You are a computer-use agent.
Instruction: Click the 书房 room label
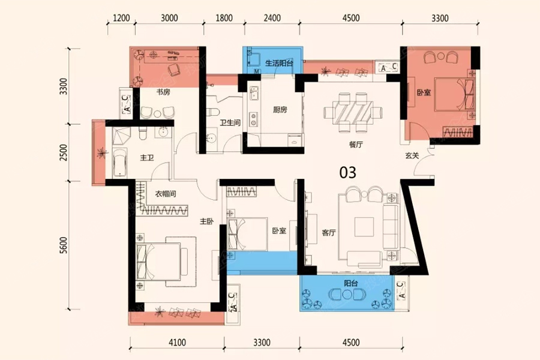[163, 92]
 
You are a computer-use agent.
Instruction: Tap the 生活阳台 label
[279, 63]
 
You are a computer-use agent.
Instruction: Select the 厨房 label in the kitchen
[280, 110]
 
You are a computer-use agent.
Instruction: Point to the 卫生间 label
[230, 122]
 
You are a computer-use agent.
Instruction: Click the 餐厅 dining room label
[356, 145]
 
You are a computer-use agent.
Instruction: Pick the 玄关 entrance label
[412, 155]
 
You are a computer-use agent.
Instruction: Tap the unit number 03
[348, 173]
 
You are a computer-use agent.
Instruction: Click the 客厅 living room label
[329, 233]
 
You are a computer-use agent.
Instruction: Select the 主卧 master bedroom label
[206, 221]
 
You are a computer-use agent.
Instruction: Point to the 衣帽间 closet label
[166, 194]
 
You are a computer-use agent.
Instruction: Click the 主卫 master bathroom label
[147, 158]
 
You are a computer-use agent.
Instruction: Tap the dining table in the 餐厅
[353, 112]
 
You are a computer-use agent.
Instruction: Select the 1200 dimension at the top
[121, 18]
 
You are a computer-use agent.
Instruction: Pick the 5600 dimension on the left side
[64, 245]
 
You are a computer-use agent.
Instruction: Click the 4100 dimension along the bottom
[177, 342]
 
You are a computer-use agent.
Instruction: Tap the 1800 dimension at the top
[224, 18]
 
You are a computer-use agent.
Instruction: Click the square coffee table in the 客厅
[364, 227]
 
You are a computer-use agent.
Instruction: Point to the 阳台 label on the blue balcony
[351, 283]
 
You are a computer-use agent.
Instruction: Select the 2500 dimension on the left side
[64, 152]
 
